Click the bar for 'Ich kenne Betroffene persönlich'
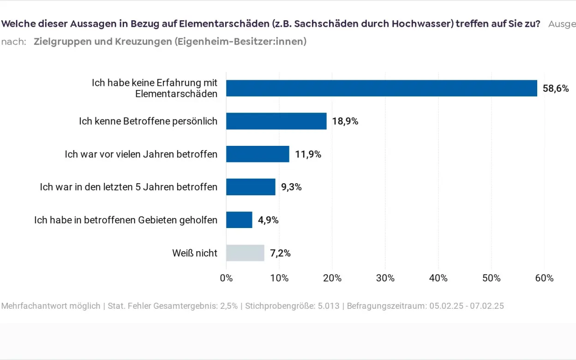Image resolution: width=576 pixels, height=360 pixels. click(x=276, y=121)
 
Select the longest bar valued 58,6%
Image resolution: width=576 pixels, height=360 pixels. click(x=381, y=88)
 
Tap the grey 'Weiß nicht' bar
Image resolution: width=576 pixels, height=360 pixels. click(x=245, y=253)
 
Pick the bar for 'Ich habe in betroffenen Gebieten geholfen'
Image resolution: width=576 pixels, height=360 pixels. click(x=239, y=220)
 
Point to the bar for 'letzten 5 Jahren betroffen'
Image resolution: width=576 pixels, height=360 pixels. click(x=251, y=187)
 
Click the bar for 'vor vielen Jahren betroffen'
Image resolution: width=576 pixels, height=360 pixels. click(x=258, y=154)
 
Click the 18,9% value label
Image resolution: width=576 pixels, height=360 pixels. click(x=345, y=121)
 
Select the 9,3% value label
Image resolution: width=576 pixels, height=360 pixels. click(x=291, y=187)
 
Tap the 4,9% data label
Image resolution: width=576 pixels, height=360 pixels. click(x=268, y=220)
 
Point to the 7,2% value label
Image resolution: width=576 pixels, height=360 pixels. click(x=280, y=253)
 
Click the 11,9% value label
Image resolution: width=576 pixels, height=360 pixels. click(x=308, y=154)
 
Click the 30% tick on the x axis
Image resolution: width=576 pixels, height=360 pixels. click(x=385, y=278)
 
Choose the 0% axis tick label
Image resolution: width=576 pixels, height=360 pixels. click(x=226, y=278)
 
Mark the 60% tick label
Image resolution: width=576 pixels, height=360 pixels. click(x=544, y=278)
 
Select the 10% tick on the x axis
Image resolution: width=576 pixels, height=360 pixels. click(x=279, y=278)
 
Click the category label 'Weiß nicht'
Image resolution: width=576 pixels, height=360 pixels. click(x=194, y=253)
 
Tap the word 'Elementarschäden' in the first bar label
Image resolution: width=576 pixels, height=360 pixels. click(x=176, y=94)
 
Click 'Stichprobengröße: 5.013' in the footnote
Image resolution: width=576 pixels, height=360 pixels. click(x=292, y=306)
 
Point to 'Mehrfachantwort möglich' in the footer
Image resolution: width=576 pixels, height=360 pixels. click(x=51, y=306)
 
